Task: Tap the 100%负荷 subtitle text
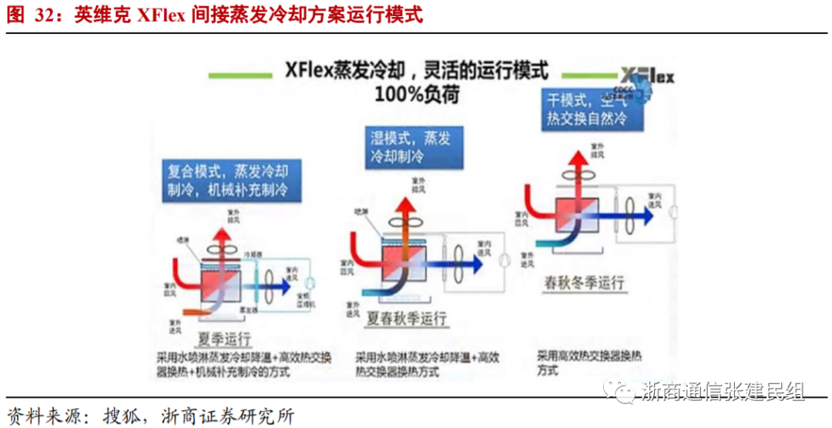(x=415, y=94)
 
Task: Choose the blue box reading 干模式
(x=587, y=109)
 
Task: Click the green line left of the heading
(x=240, y=75)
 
